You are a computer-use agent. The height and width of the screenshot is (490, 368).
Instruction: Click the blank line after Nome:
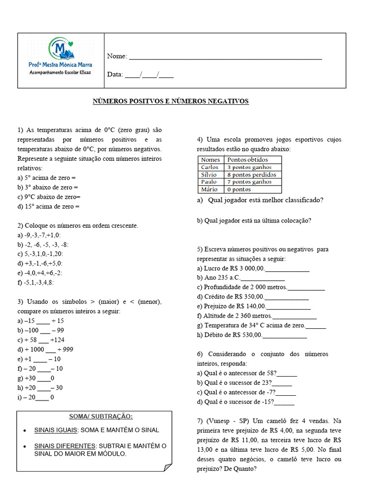[225, 57]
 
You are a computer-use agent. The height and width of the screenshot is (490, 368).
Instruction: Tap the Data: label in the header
[115, 75]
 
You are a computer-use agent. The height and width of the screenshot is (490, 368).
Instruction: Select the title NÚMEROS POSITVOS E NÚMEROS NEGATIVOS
[171, 101]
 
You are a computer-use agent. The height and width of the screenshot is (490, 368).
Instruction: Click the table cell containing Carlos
[210, 167]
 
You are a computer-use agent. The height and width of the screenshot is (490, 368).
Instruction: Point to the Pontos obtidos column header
[248, 160]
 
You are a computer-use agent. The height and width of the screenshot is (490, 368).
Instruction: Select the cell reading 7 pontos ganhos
[249, 182]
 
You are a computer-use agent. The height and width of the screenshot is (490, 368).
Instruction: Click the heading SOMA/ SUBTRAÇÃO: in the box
[101, 416]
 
